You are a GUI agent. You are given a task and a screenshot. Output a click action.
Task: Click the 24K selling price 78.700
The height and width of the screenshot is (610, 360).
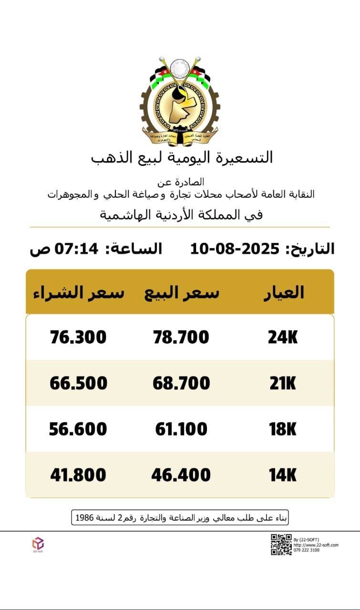tap(181, 337)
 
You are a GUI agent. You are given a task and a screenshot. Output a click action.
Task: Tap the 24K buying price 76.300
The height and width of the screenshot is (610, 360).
tap(78, 337)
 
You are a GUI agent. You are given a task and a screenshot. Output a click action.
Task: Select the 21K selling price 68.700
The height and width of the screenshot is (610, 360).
tap(181, 383)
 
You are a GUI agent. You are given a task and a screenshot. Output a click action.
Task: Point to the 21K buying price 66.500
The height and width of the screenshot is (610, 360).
tap(78, 383)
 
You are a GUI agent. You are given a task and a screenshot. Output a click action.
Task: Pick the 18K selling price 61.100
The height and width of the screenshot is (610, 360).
tap(181, 429)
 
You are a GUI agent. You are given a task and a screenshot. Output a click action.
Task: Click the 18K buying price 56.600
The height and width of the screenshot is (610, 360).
tap(78, 429)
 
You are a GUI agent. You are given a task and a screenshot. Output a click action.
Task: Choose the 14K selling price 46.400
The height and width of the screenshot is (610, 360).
tap(181, 475)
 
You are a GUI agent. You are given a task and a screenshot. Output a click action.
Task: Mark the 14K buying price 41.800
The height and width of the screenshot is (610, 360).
tap(78, 475)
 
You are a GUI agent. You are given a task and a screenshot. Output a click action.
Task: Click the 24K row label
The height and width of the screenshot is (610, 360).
tap(283, 337)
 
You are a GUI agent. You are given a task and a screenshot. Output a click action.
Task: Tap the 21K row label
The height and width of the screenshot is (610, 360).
tap(283, 383)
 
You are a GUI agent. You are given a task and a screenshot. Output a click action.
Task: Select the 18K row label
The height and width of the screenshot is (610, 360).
tap(283, 429)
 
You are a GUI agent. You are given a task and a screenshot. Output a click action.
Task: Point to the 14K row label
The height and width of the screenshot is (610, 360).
tap(283, 475)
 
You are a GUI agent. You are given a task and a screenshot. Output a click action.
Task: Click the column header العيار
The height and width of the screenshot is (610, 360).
tap(284, 292)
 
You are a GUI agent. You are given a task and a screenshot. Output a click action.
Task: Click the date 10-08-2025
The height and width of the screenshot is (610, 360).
tap(235, 249)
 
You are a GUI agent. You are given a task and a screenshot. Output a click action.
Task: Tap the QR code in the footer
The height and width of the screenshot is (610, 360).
tap(281, 545)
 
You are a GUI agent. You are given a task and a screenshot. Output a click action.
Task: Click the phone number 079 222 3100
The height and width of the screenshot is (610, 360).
tap(307, 550)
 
